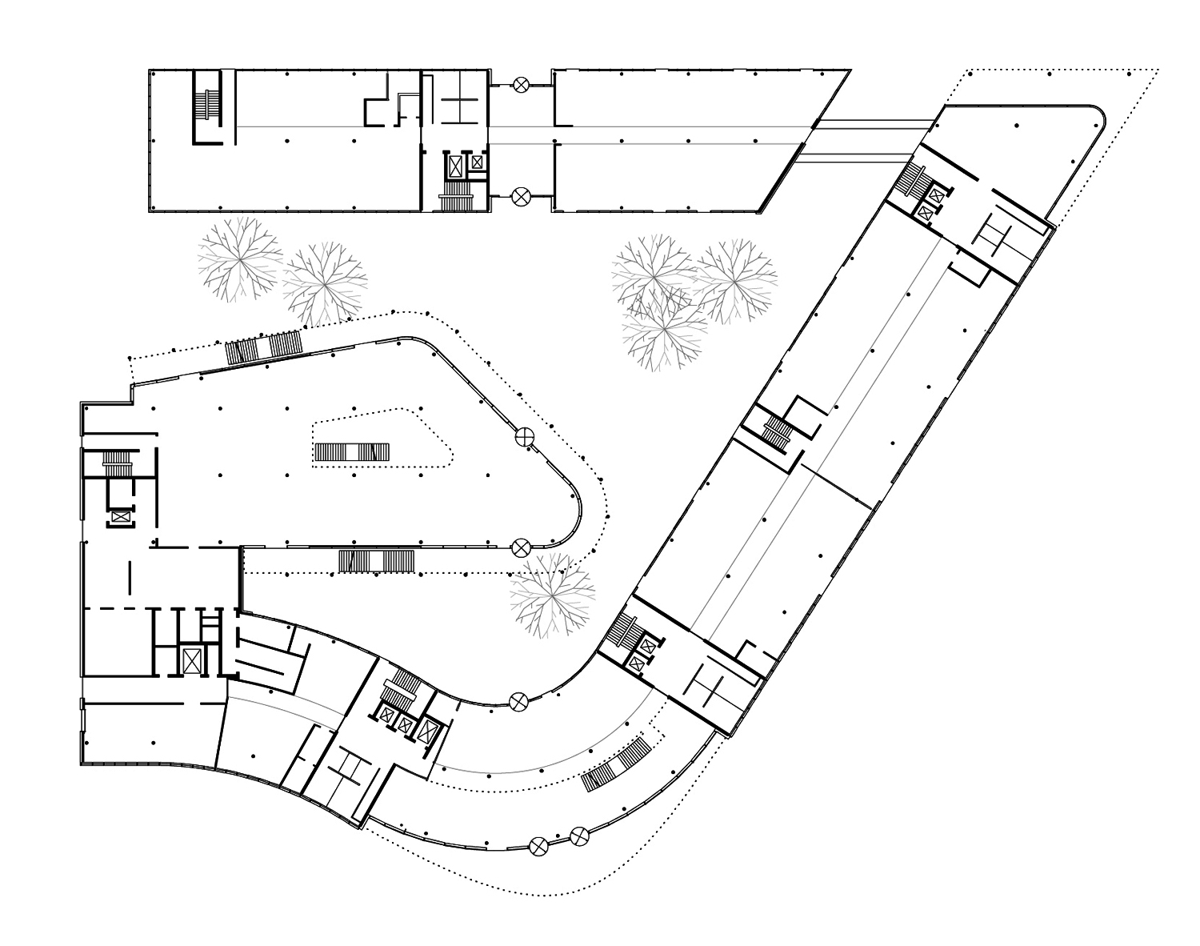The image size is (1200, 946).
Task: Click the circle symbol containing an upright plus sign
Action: (x=525, y=436)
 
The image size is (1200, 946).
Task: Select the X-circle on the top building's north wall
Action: (x=522, y=82)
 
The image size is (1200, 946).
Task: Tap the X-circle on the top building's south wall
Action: (x=522, y=194)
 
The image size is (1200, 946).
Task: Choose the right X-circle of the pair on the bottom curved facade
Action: (x=579, y=837)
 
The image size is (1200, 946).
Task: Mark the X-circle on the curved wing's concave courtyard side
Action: (x=518, y=702)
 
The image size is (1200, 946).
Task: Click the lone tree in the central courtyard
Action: (x=552, y=594)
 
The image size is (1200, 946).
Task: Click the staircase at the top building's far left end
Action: (x=206, y=106)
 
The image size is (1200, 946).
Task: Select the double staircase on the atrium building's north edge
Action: (x=263, y=347)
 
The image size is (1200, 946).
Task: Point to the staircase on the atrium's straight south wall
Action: (x=376, y=560)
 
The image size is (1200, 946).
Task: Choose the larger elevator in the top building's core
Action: (x=456, y=167)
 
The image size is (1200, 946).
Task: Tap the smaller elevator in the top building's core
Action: (x=477, y=162)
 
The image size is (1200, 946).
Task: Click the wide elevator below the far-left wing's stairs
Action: (x=121, y=518)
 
